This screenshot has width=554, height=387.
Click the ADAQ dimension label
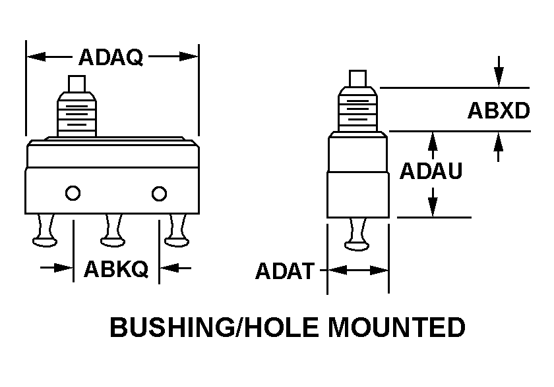click(111, 57)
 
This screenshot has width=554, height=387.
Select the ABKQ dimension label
click(116, 269)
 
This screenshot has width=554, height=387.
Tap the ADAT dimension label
click(285, 271)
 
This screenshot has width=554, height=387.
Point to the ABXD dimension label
click(499, 111)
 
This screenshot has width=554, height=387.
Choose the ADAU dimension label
click(431, 171)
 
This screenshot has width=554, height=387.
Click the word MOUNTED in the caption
click(397, 326)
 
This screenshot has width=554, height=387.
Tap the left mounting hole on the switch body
click(73, 193)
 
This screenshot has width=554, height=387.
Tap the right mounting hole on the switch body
click(159, 193)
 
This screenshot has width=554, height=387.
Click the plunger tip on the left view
click(77, 84)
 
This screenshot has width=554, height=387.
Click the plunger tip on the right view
click(357, 78)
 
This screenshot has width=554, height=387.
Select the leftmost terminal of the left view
click(46, 230)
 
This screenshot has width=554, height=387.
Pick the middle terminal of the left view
click(113, 230)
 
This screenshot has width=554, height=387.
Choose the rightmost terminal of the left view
click(177, 230)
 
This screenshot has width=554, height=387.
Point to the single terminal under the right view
click(357, 234)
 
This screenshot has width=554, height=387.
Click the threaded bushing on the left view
click(77, 115)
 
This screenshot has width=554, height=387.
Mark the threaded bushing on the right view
click(357, 109)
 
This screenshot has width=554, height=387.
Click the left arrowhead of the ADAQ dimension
click(36, 57)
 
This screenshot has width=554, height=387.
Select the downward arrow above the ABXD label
click(499, 71)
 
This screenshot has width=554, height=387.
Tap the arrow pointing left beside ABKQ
click(175, 269)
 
